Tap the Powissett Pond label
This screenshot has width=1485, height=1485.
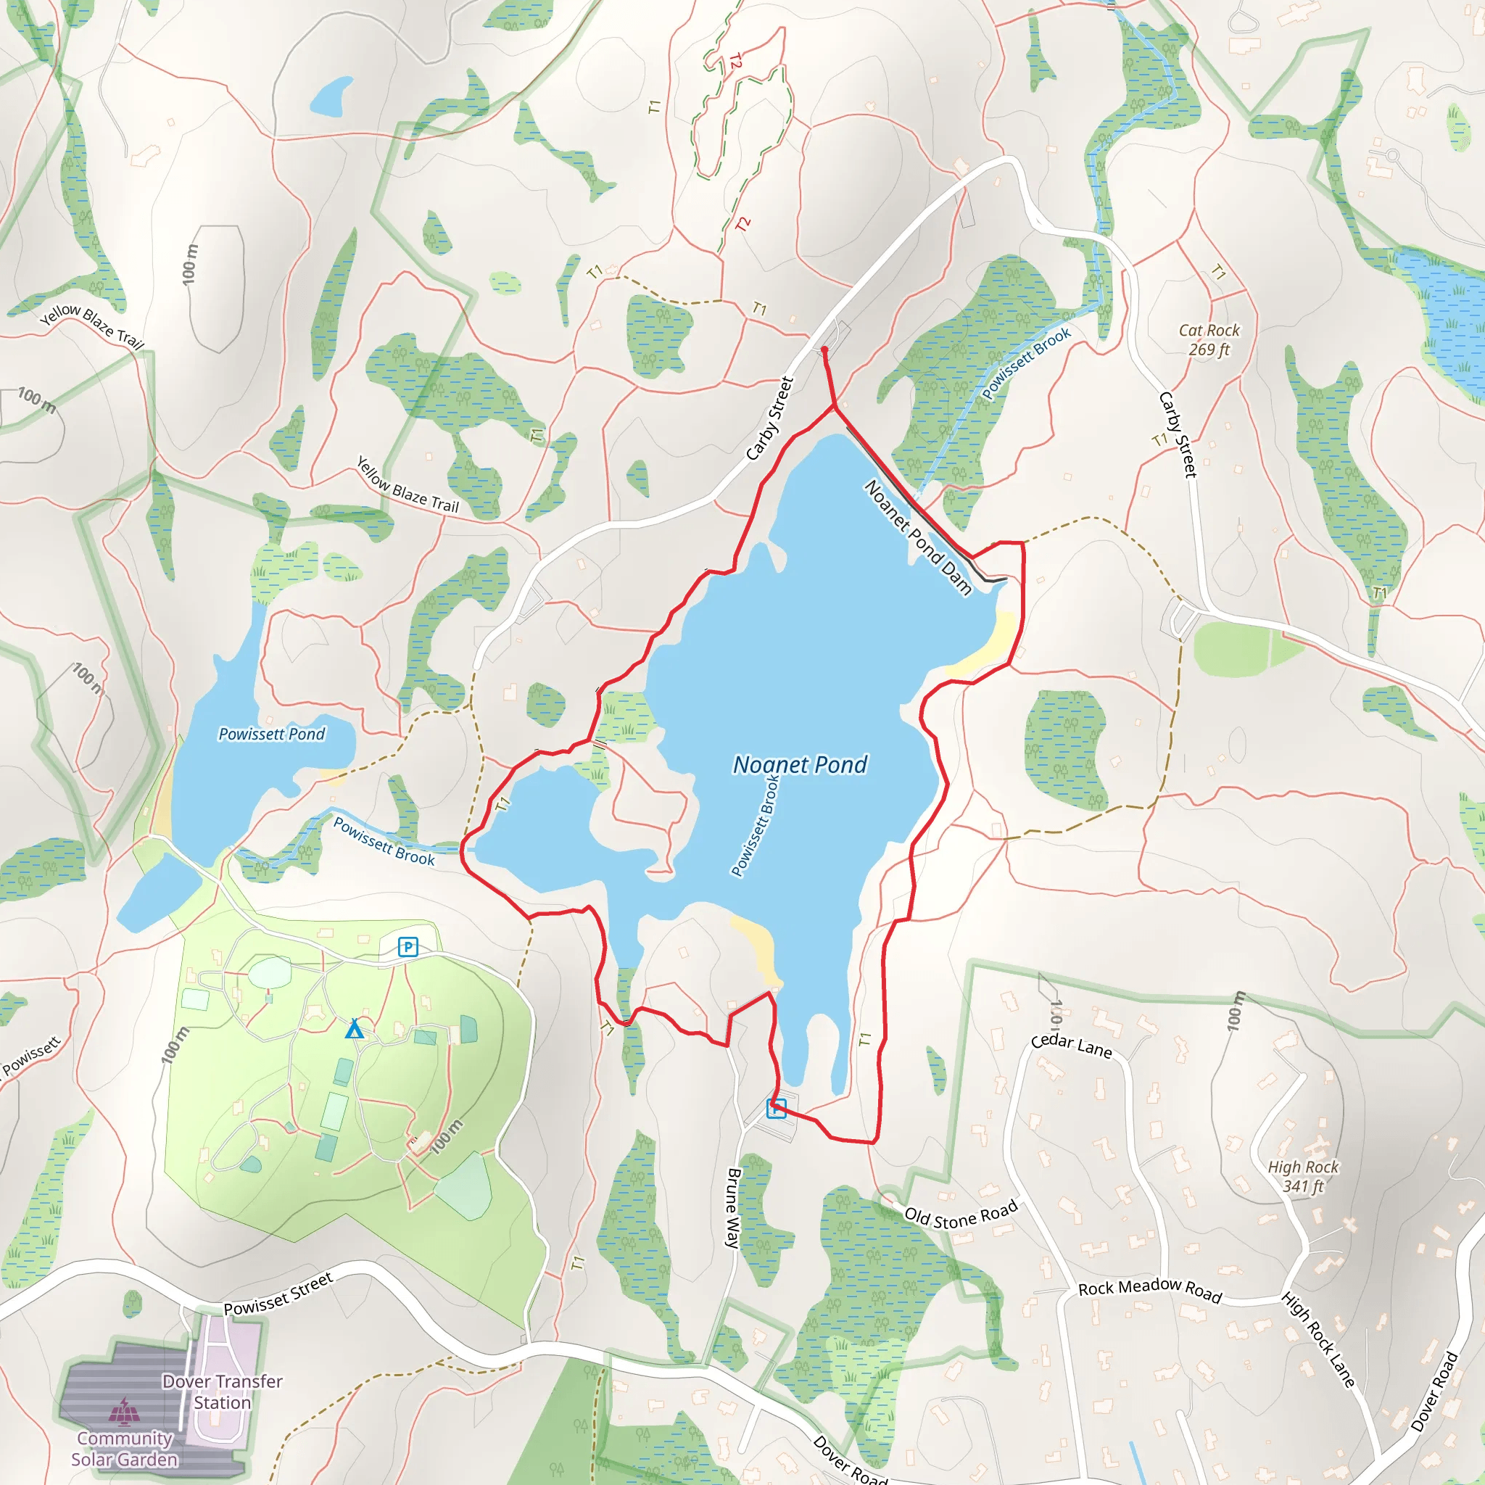271,734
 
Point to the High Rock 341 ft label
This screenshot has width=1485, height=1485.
1303,1176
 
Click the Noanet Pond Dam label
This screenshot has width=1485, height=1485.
919,537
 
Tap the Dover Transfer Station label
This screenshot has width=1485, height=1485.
222,1392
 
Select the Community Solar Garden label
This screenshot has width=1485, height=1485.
125,1448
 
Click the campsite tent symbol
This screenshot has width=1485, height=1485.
354,1029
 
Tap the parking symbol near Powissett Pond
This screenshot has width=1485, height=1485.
408,947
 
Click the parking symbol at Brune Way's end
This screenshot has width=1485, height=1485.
777,1109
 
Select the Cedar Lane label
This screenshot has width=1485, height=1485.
1071,1046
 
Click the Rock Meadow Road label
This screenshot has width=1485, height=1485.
1149,1290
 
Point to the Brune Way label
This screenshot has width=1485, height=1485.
733,1207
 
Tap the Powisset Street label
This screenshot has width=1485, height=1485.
278,1294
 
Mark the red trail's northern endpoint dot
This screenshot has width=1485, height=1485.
824,349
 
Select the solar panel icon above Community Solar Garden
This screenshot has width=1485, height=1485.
124,1411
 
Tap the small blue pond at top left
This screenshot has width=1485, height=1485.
331,96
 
